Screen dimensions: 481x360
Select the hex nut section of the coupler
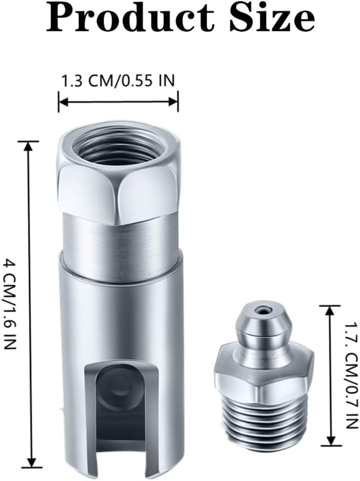(x=119, y=189)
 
